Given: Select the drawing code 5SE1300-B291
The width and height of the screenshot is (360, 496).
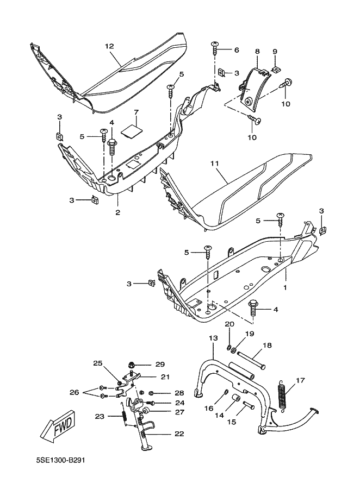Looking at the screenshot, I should click(60, 460).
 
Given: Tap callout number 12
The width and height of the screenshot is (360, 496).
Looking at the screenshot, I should click(109, 47).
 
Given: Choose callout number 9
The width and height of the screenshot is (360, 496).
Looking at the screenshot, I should click(275, 52).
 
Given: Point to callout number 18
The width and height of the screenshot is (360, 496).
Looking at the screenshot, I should click(268, 344).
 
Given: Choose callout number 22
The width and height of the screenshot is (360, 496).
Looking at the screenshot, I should click(178, 434).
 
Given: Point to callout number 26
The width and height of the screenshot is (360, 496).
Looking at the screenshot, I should click(75, 392).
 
